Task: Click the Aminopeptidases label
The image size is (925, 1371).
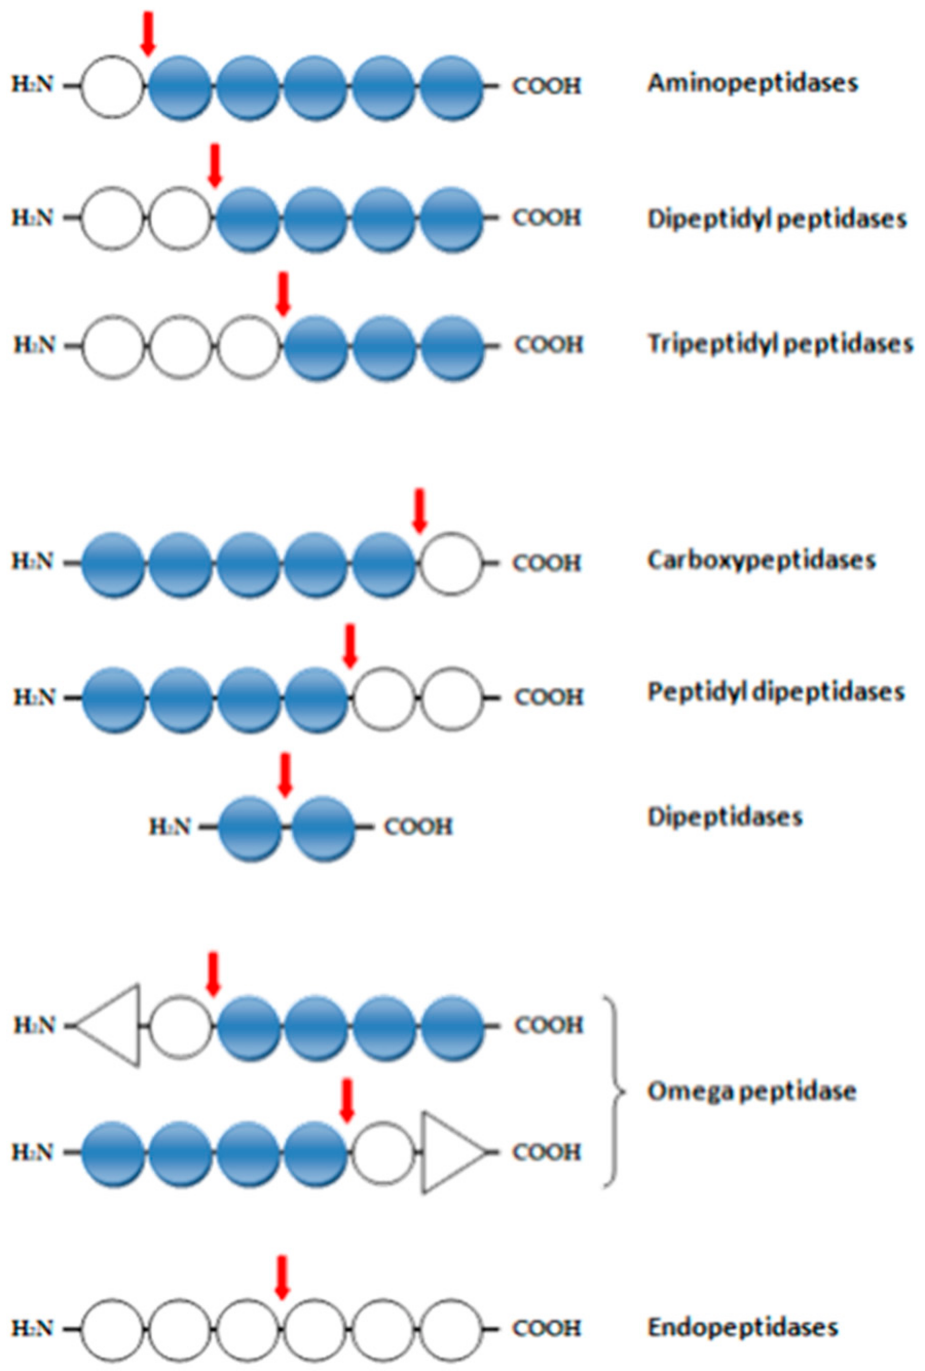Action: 752,83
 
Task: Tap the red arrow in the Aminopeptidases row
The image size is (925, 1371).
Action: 148,34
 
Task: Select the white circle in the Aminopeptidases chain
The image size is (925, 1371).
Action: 113,87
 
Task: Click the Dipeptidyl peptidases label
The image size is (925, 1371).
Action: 776,219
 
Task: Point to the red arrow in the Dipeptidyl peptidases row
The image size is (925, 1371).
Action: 215,166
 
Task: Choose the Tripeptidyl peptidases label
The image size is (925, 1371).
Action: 780,344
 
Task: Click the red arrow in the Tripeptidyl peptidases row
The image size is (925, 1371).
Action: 284,294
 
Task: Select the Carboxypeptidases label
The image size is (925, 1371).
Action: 761,560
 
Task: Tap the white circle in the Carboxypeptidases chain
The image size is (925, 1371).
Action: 451,563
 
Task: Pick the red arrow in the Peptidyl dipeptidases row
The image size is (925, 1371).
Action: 350,646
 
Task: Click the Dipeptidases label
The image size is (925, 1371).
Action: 725,817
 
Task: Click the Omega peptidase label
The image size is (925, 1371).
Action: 751,1092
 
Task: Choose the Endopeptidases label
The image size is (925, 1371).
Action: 743,1327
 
